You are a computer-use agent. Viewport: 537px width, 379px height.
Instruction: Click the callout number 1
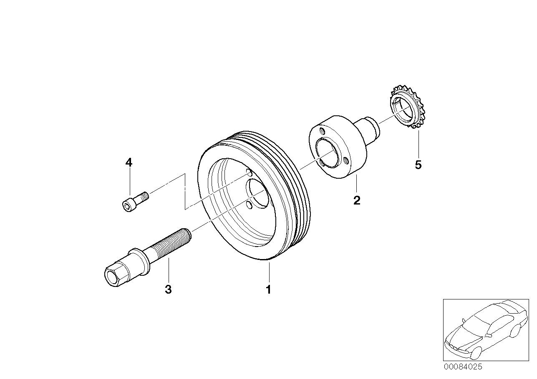point(269,289)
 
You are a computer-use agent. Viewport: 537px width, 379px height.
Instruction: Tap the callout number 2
point(357,200)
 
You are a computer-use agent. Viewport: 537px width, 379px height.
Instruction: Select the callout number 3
point(168,289)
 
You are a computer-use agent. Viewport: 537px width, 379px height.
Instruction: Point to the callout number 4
point(129,163)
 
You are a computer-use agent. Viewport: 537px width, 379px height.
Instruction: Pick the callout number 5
point(418,165)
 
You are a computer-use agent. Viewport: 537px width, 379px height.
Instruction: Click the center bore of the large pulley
point(258,193)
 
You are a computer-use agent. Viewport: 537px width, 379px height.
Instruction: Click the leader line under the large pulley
point(269,272)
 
